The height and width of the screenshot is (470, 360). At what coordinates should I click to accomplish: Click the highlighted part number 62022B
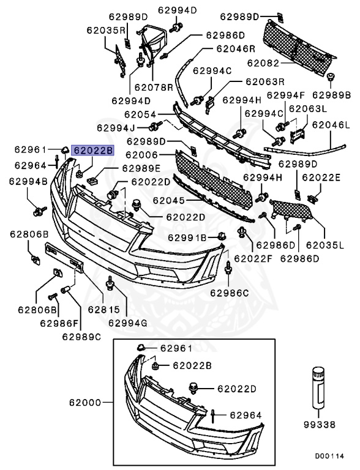tap(92, 150)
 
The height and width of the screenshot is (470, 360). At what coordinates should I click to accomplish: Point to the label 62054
tap(140, 114)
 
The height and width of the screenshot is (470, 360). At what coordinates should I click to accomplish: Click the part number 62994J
tap(116, 128)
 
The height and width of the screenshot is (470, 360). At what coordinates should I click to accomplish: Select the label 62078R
tap(154, 87)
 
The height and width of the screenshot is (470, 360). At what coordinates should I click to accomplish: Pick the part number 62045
tap(169, 200)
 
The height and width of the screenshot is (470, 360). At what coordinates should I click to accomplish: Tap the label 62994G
tap(128, 322)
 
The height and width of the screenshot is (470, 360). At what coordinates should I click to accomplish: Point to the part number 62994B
tap(28, 181)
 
